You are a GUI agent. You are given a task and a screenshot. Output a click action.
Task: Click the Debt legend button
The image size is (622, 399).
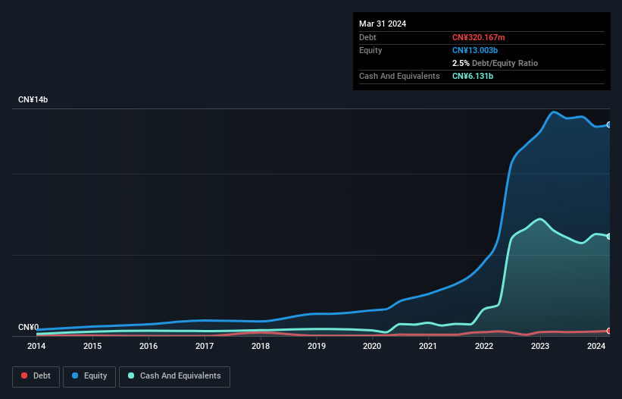pyautogui.click(x=36, y=376)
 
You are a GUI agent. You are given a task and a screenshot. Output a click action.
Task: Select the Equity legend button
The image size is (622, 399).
pyautogui.click(x=89, y=376)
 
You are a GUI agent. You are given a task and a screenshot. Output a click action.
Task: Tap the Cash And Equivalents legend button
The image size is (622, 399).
pyautogui.click(x=174, y=376)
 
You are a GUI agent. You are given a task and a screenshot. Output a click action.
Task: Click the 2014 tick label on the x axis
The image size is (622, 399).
pyautogui.click(x=36, y=347)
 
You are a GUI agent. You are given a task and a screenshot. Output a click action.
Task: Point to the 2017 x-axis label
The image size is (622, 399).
pyautogui.click(x=205, y=347)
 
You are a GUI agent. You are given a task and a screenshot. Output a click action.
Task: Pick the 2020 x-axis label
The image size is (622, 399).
pyautogui.click(x=372, y=347)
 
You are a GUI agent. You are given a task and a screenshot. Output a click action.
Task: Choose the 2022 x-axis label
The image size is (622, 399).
pyautogui.click(x=484, y=347)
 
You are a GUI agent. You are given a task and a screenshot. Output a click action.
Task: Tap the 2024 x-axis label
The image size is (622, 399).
pyautogui.click(x=596, y=347)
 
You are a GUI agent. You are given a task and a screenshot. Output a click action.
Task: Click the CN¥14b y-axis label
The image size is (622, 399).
pyautogui.click(x=33, y=100)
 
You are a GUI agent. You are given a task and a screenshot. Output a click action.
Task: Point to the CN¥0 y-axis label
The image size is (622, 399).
pyautogui.click(x=29, y=328)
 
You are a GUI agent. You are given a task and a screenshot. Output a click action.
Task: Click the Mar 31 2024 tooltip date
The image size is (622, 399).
pyautogui.click(x=383, y=24)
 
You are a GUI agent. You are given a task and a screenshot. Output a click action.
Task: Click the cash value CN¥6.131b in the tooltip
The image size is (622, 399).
pyautogui.click(x=474, y=76)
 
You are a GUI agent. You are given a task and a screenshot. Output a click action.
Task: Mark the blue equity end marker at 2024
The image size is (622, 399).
pyautogui.click(x=609, y=125)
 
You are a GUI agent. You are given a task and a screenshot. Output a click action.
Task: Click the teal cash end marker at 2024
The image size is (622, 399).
pyautogui.click(x=609, y=237)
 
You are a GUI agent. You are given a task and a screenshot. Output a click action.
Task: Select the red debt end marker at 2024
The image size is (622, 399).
pyautogui.click(x=609, y=331)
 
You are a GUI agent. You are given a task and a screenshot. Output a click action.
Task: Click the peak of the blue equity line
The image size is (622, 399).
pyautogui.click(x=555, y=112)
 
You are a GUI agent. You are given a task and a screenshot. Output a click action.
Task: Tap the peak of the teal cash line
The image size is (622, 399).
pyautogui.click(x=539, y=219)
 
